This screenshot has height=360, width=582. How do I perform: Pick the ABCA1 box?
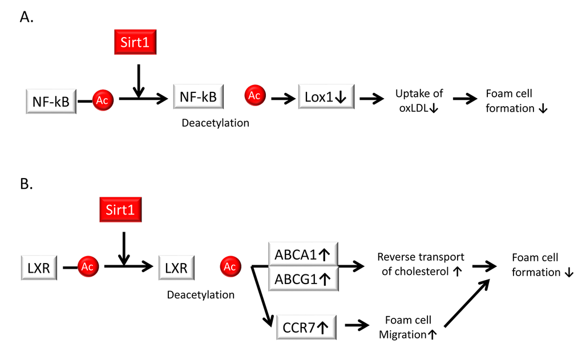point(303,254)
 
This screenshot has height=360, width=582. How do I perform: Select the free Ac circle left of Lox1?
point(254,96)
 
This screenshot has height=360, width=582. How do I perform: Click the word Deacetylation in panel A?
point(215,123)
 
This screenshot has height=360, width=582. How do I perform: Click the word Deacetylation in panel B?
point(201,295)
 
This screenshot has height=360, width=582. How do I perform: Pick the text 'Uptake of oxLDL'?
point(418,101)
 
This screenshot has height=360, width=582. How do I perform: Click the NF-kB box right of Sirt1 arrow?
point(198,97)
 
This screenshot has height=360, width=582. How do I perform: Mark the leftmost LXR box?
point(38,267)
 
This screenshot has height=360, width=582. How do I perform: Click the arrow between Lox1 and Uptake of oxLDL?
point(371,98)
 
